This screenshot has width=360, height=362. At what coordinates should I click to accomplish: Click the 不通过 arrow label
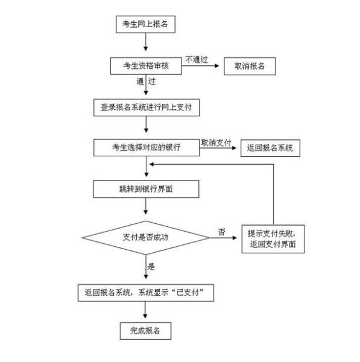(x=197, y=60)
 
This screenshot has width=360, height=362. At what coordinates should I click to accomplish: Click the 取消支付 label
(x=216, y=142)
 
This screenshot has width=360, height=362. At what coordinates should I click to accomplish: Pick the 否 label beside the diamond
(x=221, y=232)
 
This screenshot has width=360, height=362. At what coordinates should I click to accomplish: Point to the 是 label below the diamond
(x=151, y=267)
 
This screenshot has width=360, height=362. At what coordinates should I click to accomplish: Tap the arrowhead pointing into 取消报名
(x=216, y=66)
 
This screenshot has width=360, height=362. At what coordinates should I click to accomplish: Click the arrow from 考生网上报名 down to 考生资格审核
(x=145, y=42)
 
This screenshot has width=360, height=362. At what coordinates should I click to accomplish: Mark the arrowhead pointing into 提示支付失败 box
(x=235, y=238)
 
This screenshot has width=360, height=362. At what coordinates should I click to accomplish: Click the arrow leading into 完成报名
(x=145, y=310)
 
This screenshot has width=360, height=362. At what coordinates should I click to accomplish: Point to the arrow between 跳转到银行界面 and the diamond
(x=145, y=206)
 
